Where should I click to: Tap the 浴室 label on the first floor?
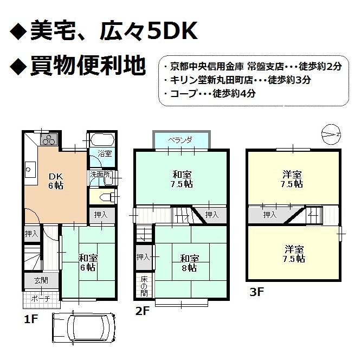tap(105, 154)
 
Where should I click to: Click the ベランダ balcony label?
tap(180, 140)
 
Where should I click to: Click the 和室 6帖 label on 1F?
tap(88, 262)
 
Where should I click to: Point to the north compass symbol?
tap(330, 133)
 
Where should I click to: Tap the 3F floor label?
tap(257, 293)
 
